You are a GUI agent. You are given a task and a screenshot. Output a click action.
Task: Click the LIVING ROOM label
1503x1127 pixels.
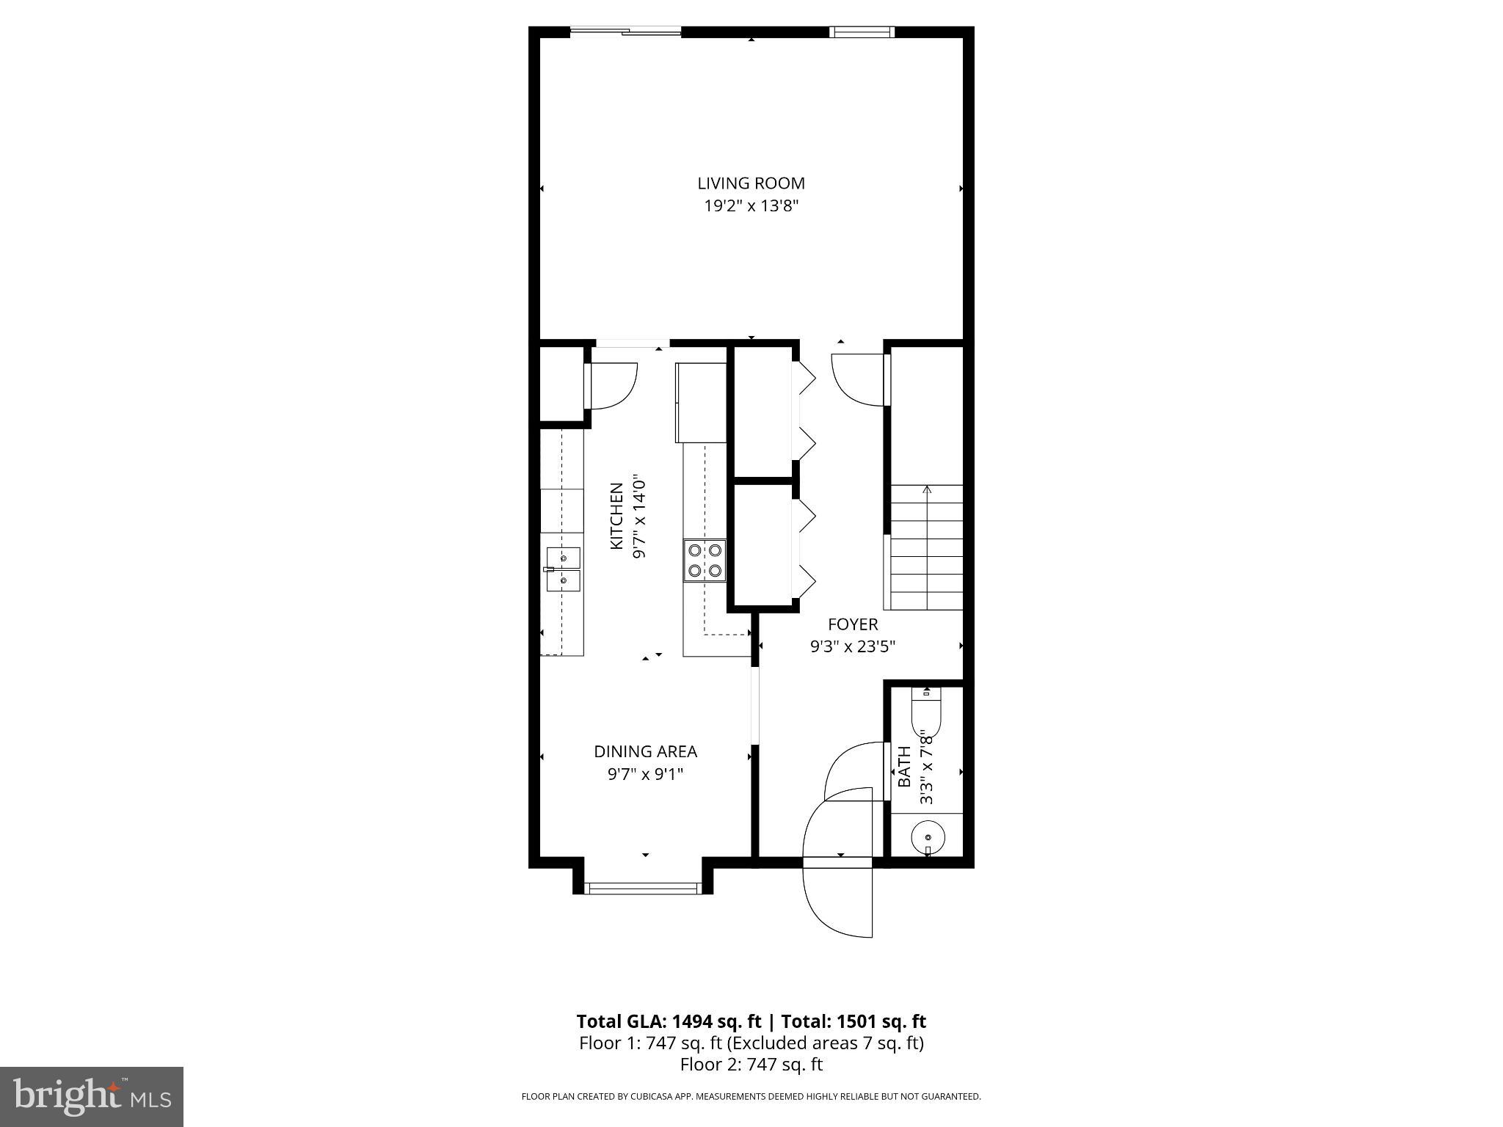pyautogui.click(x=751, y=183)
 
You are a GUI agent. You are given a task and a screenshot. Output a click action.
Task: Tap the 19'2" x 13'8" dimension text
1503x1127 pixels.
pyautogui.click(x=751, y=206)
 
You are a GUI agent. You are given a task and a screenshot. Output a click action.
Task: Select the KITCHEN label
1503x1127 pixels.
pyautogui.click(x=616, y=515)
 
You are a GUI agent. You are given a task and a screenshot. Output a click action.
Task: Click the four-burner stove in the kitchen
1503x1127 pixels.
pyautogui.click(x=705, y=560)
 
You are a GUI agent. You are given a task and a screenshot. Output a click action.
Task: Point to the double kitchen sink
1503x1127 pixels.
pyautogui.click(x=563, y=569)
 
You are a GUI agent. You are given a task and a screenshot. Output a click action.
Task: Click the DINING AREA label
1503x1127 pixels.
pyautogui.click(x=645, y=751)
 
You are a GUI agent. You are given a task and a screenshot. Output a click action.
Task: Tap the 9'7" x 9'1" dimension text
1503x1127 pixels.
pyautogui.click(x=645, y=774)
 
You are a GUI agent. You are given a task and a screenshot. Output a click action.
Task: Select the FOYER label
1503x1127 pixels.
pyautogui.click(x=853, y=624)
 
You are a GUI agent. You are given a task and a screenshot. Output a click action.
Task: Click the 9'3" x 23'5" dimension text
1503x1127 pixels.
pyautogui.click(x=853, y=647)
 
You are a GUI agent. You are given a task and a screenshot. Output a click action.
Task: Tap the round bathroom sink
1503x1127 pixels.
pyautogui.click(x=928, y=837)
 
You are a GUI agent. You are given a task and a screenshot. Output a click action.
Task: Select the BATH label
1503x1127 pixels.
pyautogui.click(x=905, y=766)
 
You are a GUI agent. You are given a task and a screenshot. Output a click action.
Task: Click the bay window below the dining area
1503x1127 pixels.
pyautogui.click(x=643, y=889)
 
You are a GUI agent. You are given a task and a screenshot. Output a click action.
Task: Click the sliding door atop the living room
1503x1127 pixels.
pyautogui.click(x=626, y=31)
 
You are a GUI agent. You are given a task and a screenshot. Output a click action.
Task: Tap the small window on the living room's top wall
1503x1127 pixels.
pyautogui.click(x=862, y=32)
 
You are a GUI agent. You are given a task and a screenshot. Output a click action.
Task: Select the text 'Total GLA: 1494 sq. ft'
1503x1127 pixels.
pyautogui.click(x=671, y=1021)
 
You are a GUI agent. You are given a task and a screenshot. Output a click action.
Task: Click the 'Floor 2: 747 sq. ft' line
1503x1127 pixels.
pyautogui.click(x=751, y=1065)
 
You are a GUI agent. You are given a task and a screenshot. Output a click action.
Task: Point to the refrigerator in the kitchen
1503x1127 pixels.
pyautogui.click(x=700, y=403)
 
